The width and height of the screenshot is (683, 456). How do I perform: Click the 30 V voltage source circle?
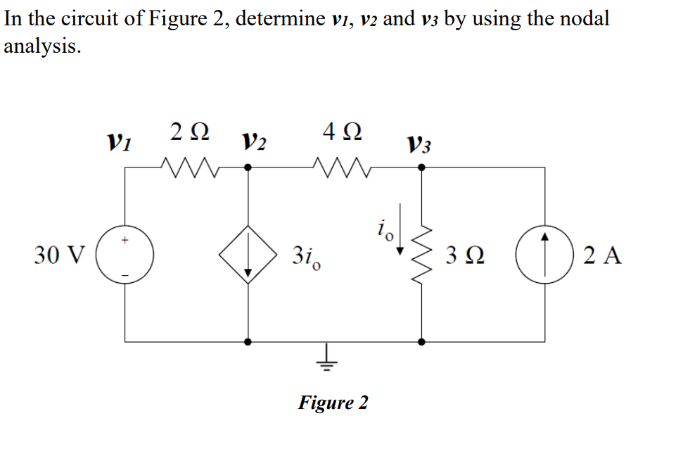coord(126,255)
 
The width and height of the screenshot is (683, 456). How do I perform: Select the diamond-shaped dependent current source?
coord(248,255)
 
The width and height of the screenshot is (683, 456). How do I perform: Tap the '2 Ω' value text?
coord(189,132)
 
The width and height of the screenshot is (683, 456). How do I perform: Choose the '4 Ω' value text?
coord(343,132)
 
